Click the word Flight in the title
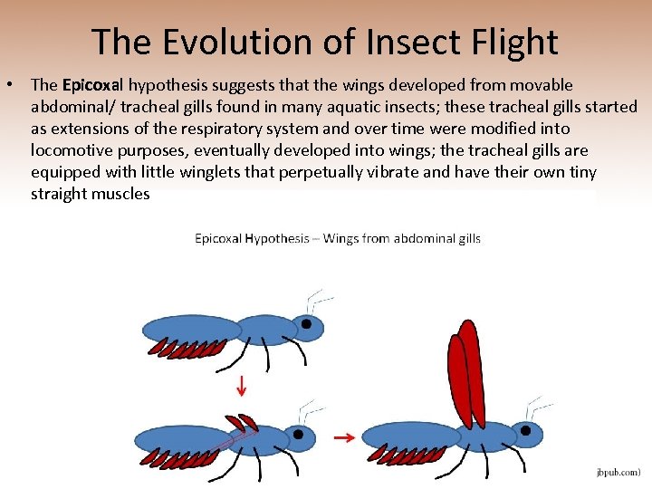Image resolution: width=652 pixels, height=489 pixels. [x=512, y=42]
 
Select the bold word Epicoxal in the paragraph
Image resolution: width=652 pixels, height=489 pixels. [x=93, y=85]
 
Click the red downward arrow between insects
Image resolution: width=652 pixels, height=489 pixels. [x=242, y=388]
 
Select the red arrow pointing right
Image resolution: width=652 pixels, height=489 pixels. [x=343, y=437]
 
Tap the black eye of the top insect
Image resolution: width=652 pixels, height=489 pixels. [x=308, y=324]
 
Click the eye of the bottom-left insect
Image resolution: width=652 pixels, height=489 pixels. [x=298, y=436]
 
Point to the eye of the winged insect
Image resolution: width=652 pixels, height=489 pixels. [x=523, y=429]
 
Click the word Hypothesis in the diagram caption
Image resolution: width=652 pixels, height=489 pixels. [x=277, y=239]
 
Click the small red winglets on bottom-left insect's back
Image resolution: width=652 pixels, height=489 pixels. [x=242, y=422]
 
